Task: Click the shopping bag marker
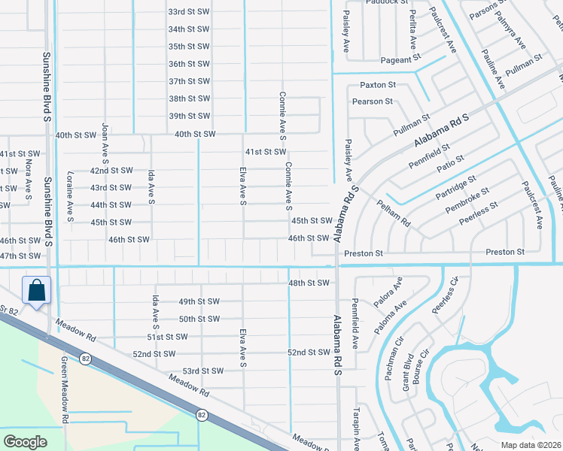[36, 290]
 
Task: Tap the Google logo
[25, 442]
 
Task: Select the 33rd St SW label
[188, 12]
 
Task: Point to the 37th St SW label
[188, 81]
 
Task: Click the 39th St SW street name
[188, 116]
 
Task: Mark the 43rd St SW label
[111, 188]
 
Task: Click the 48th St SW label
[309, 283]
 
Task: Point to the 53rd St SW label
[203, 371]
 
